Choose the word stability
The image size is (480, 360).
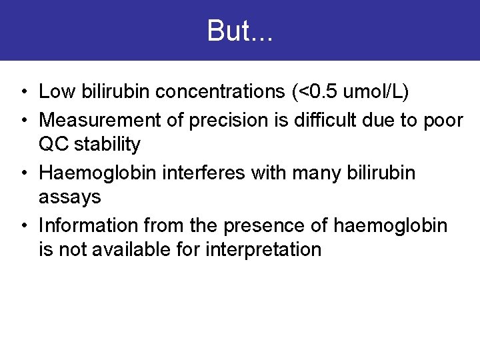(x=108, y=143)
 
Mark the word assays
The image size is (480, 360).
(x=70, y=197)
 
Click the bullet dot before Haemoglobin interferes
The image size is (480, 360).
(x=24, y=173)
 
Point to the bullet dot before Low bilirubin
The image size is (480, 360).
(x=24, y=92)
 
